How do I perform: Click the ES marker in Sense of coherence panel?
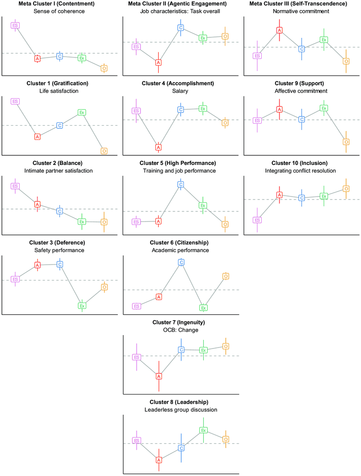pos(15,25)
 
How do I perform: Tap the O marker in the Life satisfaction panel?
pos(104,151)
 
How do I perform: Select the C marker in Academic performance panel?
pos(181,262)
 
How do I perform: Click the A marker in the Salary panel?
pos(158,147)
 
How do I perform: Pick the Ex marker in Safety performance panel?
pos(82,305)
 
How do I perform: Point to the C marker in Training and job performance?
pos(181,184)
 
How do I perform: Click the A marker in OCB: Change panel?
pos(158,376)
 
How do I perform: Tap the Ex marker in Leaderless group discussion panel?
pos(203,430)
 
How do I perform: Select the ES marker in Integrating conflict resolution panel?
pos(257,220)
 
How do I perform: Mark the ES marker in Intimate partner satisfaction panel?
pos(15,186)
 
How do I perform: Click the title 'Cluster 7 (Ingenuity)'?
pos(180,322)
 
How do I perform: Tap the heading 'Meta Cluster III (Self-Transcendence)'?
pos(301,4)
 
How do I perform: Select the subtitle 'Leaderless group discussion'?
pos(180,410)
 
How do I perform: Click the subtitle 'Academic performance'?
pos(180,250)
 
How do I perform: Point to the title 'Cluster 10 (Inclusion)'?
pos(301,163)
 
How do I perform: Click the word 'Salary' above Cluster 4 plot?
pos(180,91)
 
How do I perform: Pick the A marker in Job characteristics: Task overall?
pos(158,62)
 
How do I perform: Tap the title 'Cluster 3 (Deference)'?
pos(59,242)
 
